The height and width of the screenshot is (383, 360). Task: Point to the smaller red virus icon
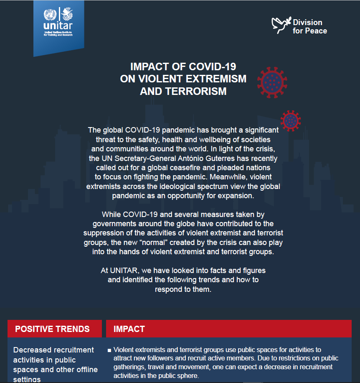click(291, 121)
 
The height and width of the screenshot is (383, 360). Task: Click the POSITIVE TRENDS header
click(52, 329)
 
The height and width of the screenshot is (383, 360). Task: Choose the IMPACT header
click(129, 329)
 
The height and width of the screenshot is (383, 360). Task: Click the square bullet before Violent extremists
click(109, 350)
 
